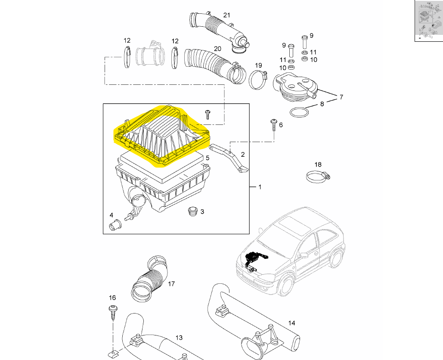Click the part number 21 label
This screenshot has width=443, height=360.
tap(227, 15)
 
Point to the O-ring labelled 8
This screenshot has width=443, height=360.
tap(300, 112)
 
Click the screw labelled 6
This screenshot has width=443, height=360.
tap(273, 124)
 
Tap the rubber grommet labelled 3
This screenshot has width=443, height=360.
tap(192, 211)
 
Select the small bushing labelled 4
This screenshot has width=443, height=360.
tap(115, 224)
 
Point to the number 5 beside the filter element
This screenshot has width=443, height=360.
tap(208, 158)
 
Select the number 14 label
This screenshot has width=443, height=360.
tap(291, 323)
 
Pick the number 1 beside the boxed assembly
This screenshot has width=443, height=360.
tap(260, 187)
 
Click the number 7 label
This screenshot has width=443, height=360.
tap(341, 97)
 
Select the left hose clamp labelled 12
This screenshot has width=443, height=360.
tap(127, 58)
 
